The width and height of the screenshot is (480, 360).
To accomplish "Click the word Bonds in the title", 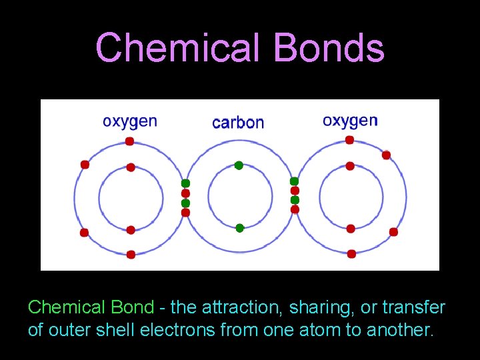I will click(x=332, y=48).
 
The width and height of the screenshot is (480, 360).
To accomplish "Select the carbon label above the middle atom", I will click(x=238, y=123).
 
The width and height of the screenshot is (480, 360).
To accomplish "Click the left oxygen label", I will click(x=130, y=121).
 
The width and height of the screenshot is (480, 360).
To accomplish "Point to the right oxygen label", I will click(x=350, y=121).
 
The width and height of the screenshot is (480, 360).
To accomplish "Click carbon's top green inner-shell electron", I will click(x=239, y=165).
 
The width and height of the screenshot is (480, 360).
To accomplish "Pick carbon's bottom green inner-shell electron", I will click(x=240, y=228).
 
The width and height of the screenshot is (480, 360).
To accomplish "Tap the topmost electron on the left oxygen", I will click(x=129, y=141).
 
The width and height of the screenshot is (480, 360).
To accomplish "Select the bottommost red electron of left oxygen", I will click(x=131, y=254).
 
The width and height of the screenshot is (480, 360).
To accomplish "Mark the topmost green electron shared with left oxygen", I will click(x=186, y=183).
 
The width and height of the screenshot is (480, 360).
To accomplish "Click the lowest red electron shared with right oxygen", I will click(x=295, y=209).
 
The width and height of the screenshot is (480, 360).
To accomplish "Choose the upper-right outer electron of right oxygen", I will click(x=386, y=155).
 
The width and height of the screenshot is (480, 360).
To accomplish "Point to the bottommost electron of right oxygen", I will click(x=351, y=254).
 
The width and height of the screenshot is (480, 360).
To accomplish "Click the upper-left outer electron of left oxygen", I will click(x=85, y=165).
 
